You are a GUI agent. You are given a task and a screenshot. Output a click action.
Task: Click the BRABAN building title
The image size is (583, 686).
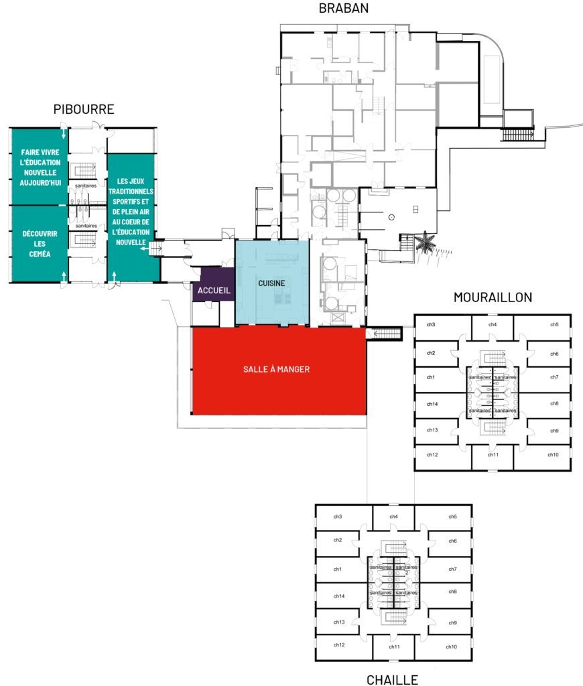pos(343,9)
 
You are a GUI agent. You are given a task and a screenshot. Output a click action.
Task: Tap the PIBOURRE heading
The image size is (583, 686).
pos(84,110)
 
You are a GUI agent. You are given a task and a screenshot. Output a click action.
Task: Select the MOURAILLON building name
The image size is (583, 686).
pos(493,297)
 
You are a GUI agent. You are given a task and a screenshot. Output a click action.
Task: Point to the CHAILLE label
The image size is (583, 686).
pos(393,679)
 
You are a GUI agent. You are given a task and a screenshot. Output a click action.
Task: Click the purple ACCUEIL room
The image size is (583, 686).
pos(214,291)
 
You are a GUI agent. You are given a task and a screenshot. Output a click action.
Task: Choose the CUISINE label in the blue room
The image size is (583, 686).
pos(271,283)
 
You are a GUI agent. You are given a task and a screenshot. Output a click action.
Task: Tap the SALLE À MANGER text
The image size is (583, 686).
pos(277,369)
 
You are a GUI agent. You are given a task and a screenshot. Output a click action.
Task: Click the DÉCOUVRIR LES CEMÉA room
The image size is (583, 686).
pos(38,243)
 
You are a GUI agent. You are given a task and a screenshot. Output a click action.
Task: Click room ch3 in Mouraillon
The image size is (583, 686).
pos(431,325)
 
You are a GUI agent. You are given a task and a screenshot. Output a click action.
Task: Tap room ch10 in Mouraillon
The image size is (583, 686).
pos(553,455)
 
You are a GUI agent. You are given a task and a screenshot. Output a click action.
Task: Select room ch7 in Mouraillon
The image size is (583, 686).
pos(554,377)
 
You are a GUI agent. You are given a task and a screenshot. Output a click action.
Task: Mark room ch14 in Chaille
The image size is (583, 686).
pos(338,596)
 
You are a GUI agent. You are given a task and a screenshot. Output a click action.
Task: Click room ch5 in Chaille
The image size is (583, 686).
pos(453,517)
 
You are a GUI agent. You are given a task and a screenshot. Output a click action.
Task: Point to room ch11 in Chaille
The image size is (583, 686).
pos(395,647)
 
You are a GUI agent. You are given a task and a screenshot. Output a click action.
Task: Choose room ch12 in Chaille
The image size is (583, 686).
pos(339,645)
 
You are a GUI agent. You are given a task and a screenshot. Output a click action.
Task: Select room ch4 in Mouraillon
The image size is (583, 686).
pos(493,325)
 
